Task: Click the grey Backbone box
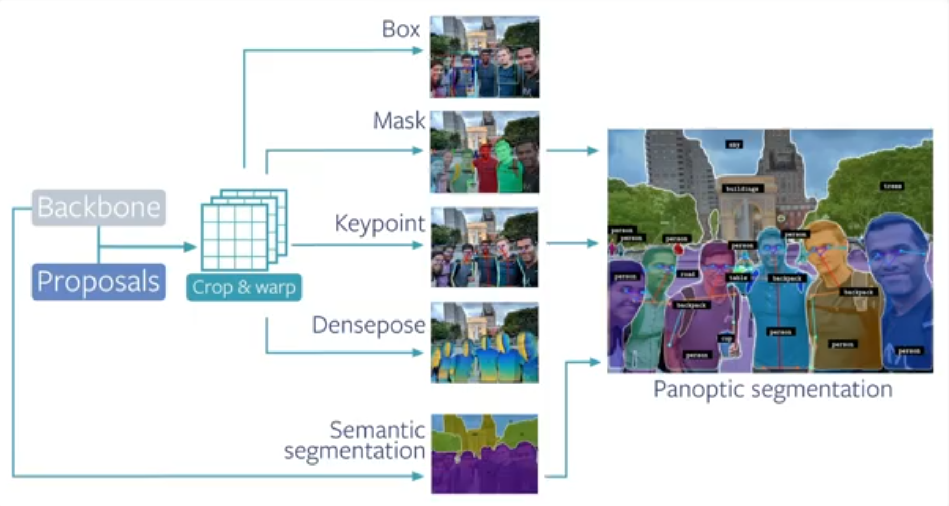(x=99, y=208)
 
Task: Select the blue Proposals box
(x=99, y=282)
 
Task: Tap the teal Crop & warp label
(x=244, y=287)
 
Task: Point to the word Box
(x=401, y=29)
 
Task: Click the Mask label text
(x=399, y=121)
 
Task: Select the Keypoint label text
(x=380, y=224)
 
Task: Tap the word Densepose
(x=369, y=325)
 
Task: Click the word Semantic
(x=377, y=430)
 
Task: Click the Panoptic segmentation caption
(x=773, y=390)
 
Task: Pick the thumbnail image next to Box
(x=484, y=57)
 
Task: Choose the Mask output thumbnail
(x=484, y=152)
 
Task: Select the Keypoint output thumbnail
(x=484, y=247)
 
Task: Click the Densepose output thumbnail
(x=484, y=342)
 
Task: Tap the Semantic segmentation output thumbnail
(x=484, y=454)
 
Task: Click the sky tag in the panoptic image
(x=734, y=144)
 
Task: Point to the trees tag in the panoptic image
(x=892, y=186)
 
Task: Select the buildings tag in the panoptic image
(x=742, y=188)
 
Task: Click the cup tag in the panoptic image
(x=726, y=338)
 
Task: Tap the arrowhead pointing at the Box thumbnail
(x=418, y=50)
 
